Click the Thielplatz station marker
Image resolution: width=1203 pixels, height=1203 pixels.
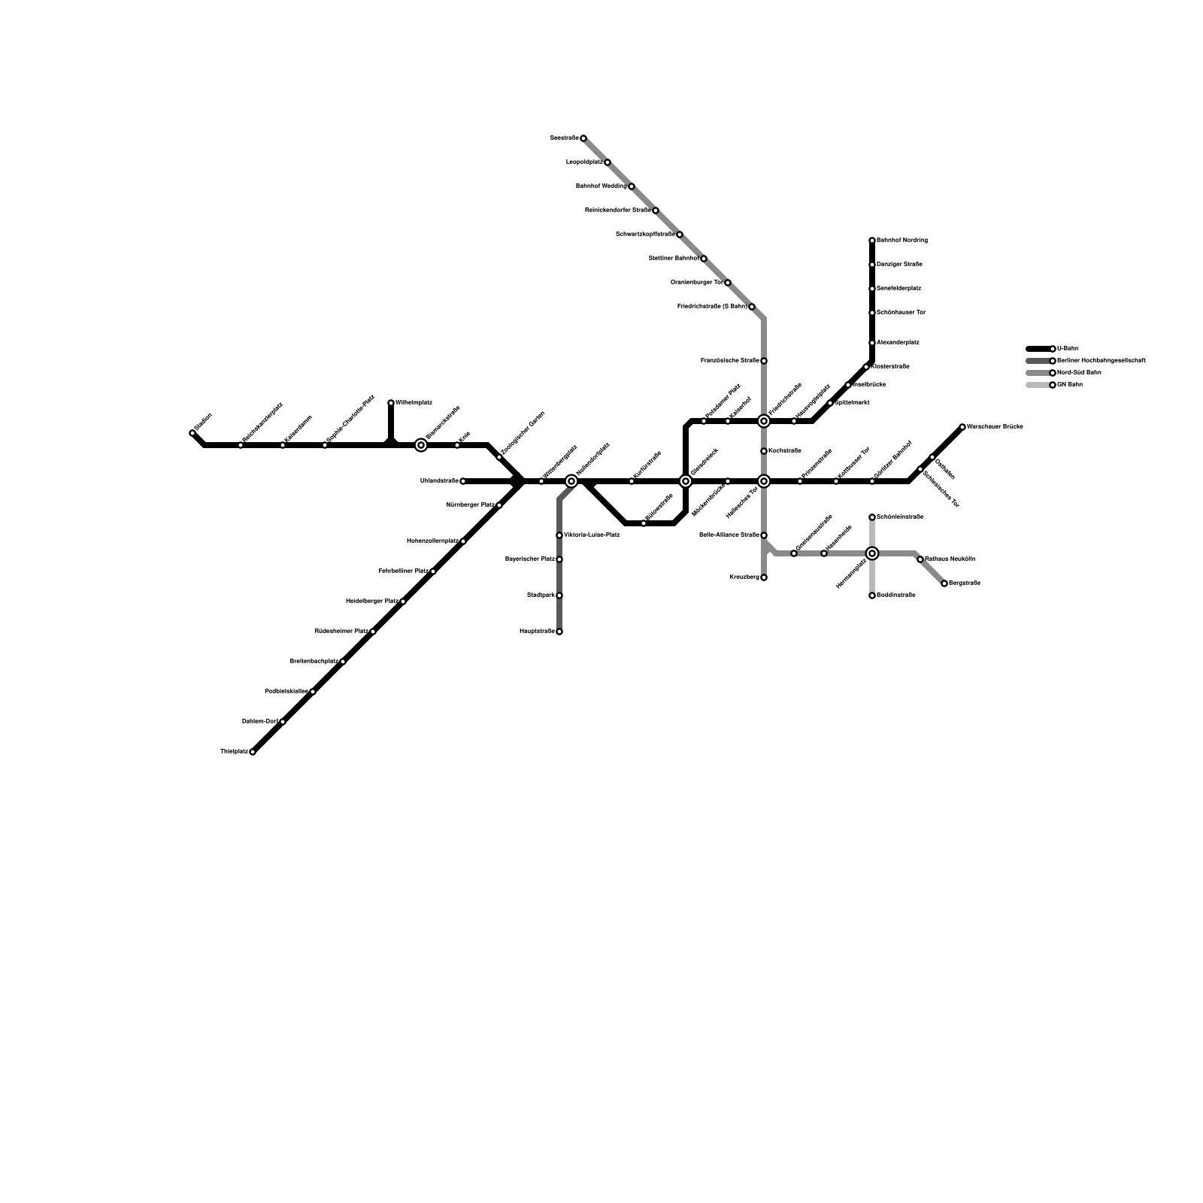pos(253,752)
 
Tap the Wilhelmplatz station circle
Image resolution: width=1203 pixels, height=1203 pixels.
pos(391,403)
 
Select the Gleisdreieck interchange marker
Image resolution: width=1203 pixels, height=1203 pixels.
pos(686,481)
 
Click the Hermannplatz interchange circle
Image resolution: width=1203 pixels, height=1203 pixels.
pos(872,553)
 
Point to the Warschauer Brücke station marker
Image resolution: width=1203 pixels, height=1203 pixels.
pos(962,427)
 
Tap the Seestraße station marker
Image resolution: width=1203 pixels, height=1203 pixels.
pos(583,138)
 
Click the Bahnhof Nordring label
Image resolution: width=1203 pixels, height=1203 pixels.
pos(902,241)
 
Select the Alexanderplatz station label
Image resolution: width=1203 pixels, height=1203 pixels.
pos(898,343)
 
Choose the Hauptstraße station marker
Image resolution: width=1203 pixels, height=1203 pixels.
pos(559,632)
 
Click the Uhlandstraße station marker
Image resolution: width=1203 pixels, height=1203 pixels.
pos(463,481)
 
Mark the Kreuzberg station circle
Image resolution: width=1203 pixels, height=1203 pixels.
pos(764,577)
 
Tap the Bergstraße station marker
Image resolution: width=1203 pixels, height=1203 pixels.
pos(944,583)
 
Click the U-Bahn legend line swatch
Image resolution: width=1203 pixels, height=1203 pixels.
pos(1038,349)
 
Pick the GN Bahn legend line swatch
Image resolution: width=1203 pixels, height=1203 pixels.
pos(1038,385)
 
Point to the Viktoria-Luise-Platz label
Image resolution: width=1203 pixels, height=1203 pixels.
pos(592,535)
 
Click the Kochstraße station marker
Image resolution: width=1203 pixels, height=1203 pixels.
pos(764,451)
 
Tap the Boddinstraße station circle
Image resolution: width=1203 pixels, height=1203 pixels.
pos(872,595)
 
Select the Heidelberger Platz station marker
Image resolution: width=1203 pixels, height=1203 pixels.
pos(403,601)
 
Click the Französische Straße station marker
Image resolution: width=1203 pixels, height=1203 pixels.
pos(764,361)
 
